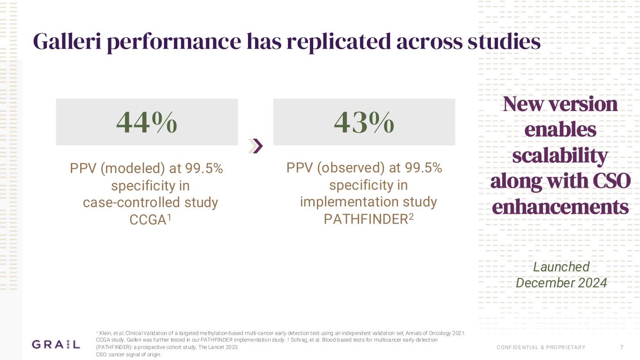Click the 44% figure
(147, 123)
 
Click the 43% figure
(364, 123)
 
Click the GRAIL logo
(56, 345)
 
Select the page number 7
(622, 347)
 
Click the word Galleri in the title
(65, 42)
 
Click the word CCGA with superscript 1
(148, 220)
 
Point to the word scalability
(560, 156)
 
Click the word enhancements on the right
(560, 207)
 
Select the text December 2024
(561, 283)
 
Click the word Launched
(561, 267)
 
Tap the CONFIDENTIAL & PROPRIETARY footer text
(541, 347)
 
